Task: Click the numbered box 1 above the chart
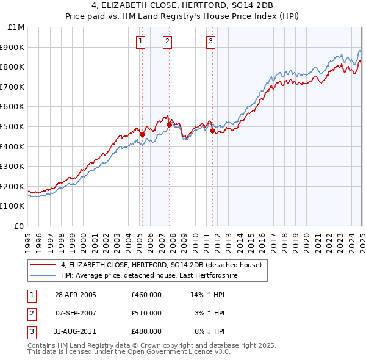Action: pyautogui.click(x=140, y=41)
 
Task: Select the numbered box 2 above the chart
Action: pyautogui.click(x=167, y=41)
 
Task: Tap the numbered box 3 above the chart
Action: pyautogui.click(x=210, y=41)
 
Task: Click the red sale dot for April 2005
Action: pyautogui.click(x=142, y=134)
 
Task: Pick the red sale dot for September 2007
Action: pyautogui.click(x=169, y=124)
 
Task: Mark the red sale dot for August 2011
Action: pyautogui.click(x=212, y=131)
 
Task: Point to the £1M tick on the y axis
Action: pyautogui.click(x=16, y=27)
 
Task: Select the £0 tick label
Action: pyautogui.click(x=20, y=226)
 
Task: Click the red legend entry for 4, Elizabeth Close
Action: pyautogui.click(x=161, y=265)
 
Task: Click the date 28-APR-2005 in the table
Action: pyautogui.click(x=76, y=295)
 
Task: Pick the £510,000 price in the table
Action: pyautogui.click(x=146, y=313)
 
